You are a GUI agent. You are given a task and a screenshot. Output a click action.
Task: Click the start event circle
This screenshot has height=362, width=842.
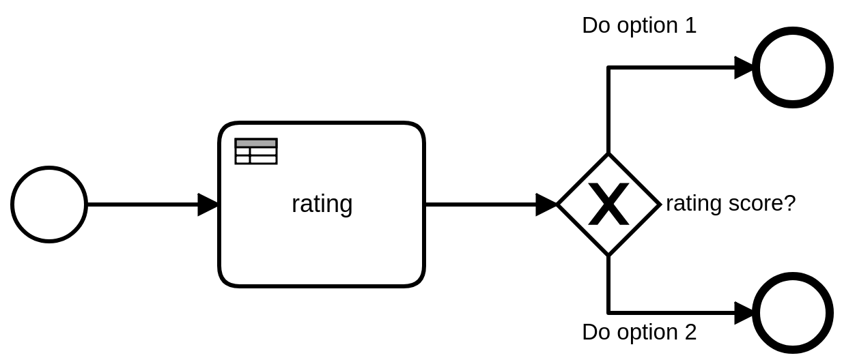[x=49, y=205]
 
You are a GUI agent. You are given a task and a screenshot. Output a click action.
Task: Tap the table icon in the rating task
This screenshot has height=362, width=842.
[x=256, y=151]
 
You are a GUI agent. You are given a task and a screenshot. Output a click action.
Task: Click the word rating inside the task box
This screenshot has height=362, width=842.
[x=322, y=204]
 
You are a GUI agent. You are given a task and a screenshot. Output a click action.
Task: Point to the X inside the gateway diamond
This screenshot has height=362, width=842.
[x=608, y=205]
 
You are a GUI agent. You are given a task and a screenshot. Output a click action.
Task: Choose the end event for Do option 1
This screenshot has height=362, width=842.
[x=792, y=67]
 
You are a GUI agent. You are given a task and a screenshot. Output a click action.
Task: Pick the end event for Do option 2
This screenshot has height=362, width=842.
[x=792, y=313]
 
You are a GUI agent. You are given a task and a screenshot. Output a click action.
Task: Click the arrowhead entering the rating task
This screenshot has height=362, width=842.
[x=208, y=205]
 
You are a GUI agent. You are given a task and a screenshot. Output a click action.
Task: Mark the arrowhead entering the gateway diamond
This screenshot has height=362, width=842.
[x=546, y=205]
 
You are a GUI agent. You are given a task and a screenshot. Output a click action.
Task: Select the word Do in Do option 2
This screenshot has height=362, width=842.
[x=596, y=332]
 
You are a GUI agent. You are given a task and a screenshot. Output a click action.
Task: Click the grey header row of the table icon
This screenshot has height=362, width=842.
[x=256, y=143]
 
